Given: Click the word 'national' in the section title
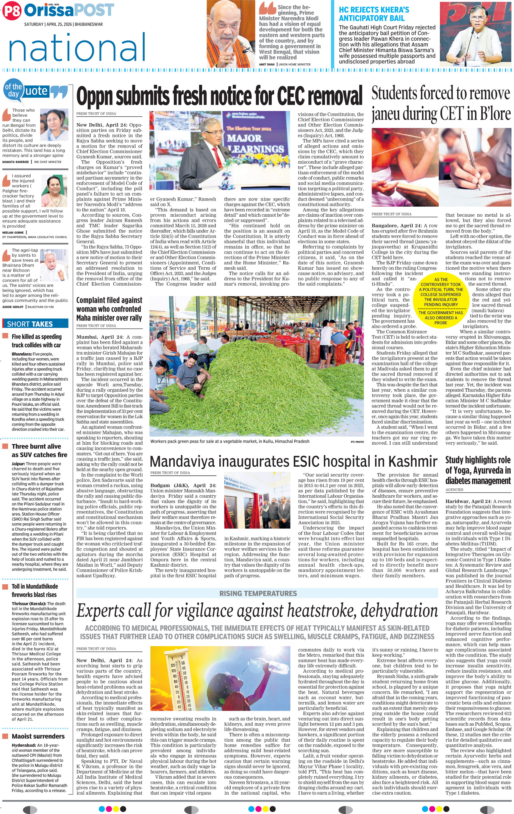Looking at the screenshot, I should (77, 48).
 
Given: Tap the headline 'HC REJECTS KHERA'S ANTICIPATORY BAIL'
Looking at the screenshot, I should (374, 14).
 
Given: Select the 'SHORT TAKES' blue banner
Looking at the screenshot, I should (35, 324).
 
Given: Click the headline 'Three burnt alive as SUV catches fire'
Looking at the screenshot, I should (39, 450).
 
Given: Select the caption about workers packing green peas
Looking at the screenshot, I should (229, 441).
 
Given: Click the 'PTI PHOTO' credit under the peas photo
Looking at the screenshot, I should (357, 442).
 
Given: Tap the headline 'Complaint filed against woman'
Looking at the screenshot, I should (109, 309).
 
